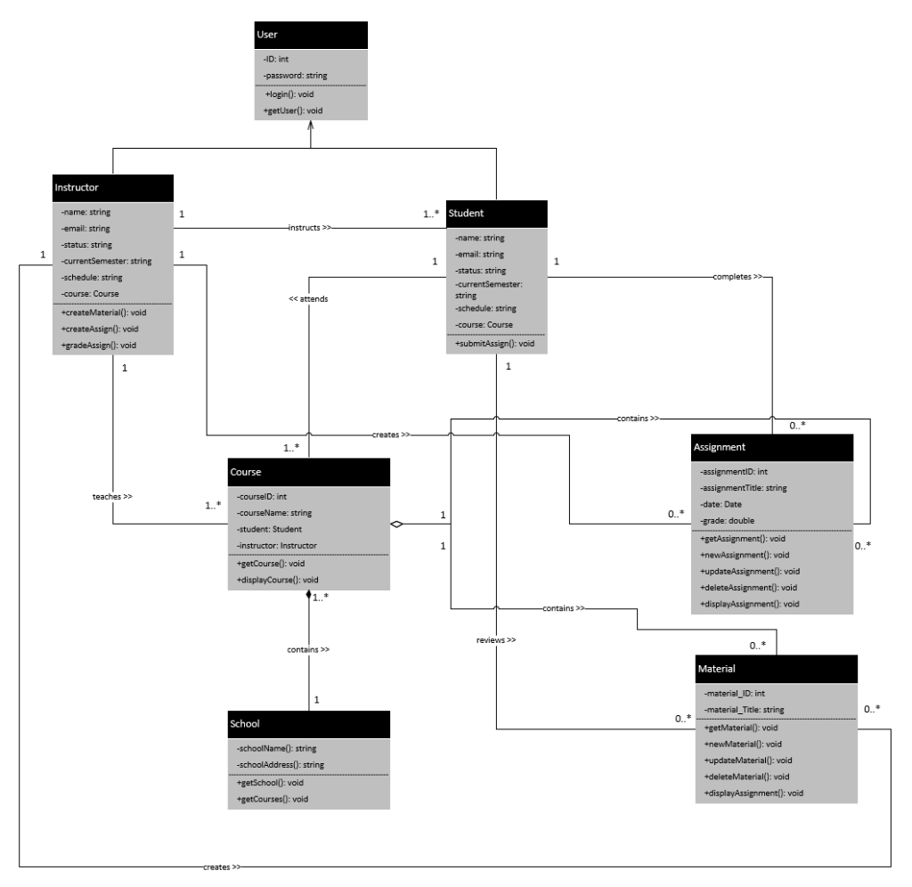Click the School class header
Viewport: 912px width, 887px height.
[245, 725]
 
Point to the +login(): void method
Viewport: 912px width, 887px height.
[290, 94]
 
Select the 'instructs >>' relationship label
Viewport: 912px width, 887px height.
[309, 228]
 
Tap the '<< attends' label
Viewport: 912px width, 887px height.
[308, 299]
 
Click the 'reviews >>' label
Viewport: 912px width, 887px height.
[496, 639]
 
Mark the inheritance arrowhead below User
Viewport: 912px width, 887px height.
[309, 130]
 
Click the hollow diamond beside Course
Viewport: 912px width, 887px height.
[397, 525]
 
